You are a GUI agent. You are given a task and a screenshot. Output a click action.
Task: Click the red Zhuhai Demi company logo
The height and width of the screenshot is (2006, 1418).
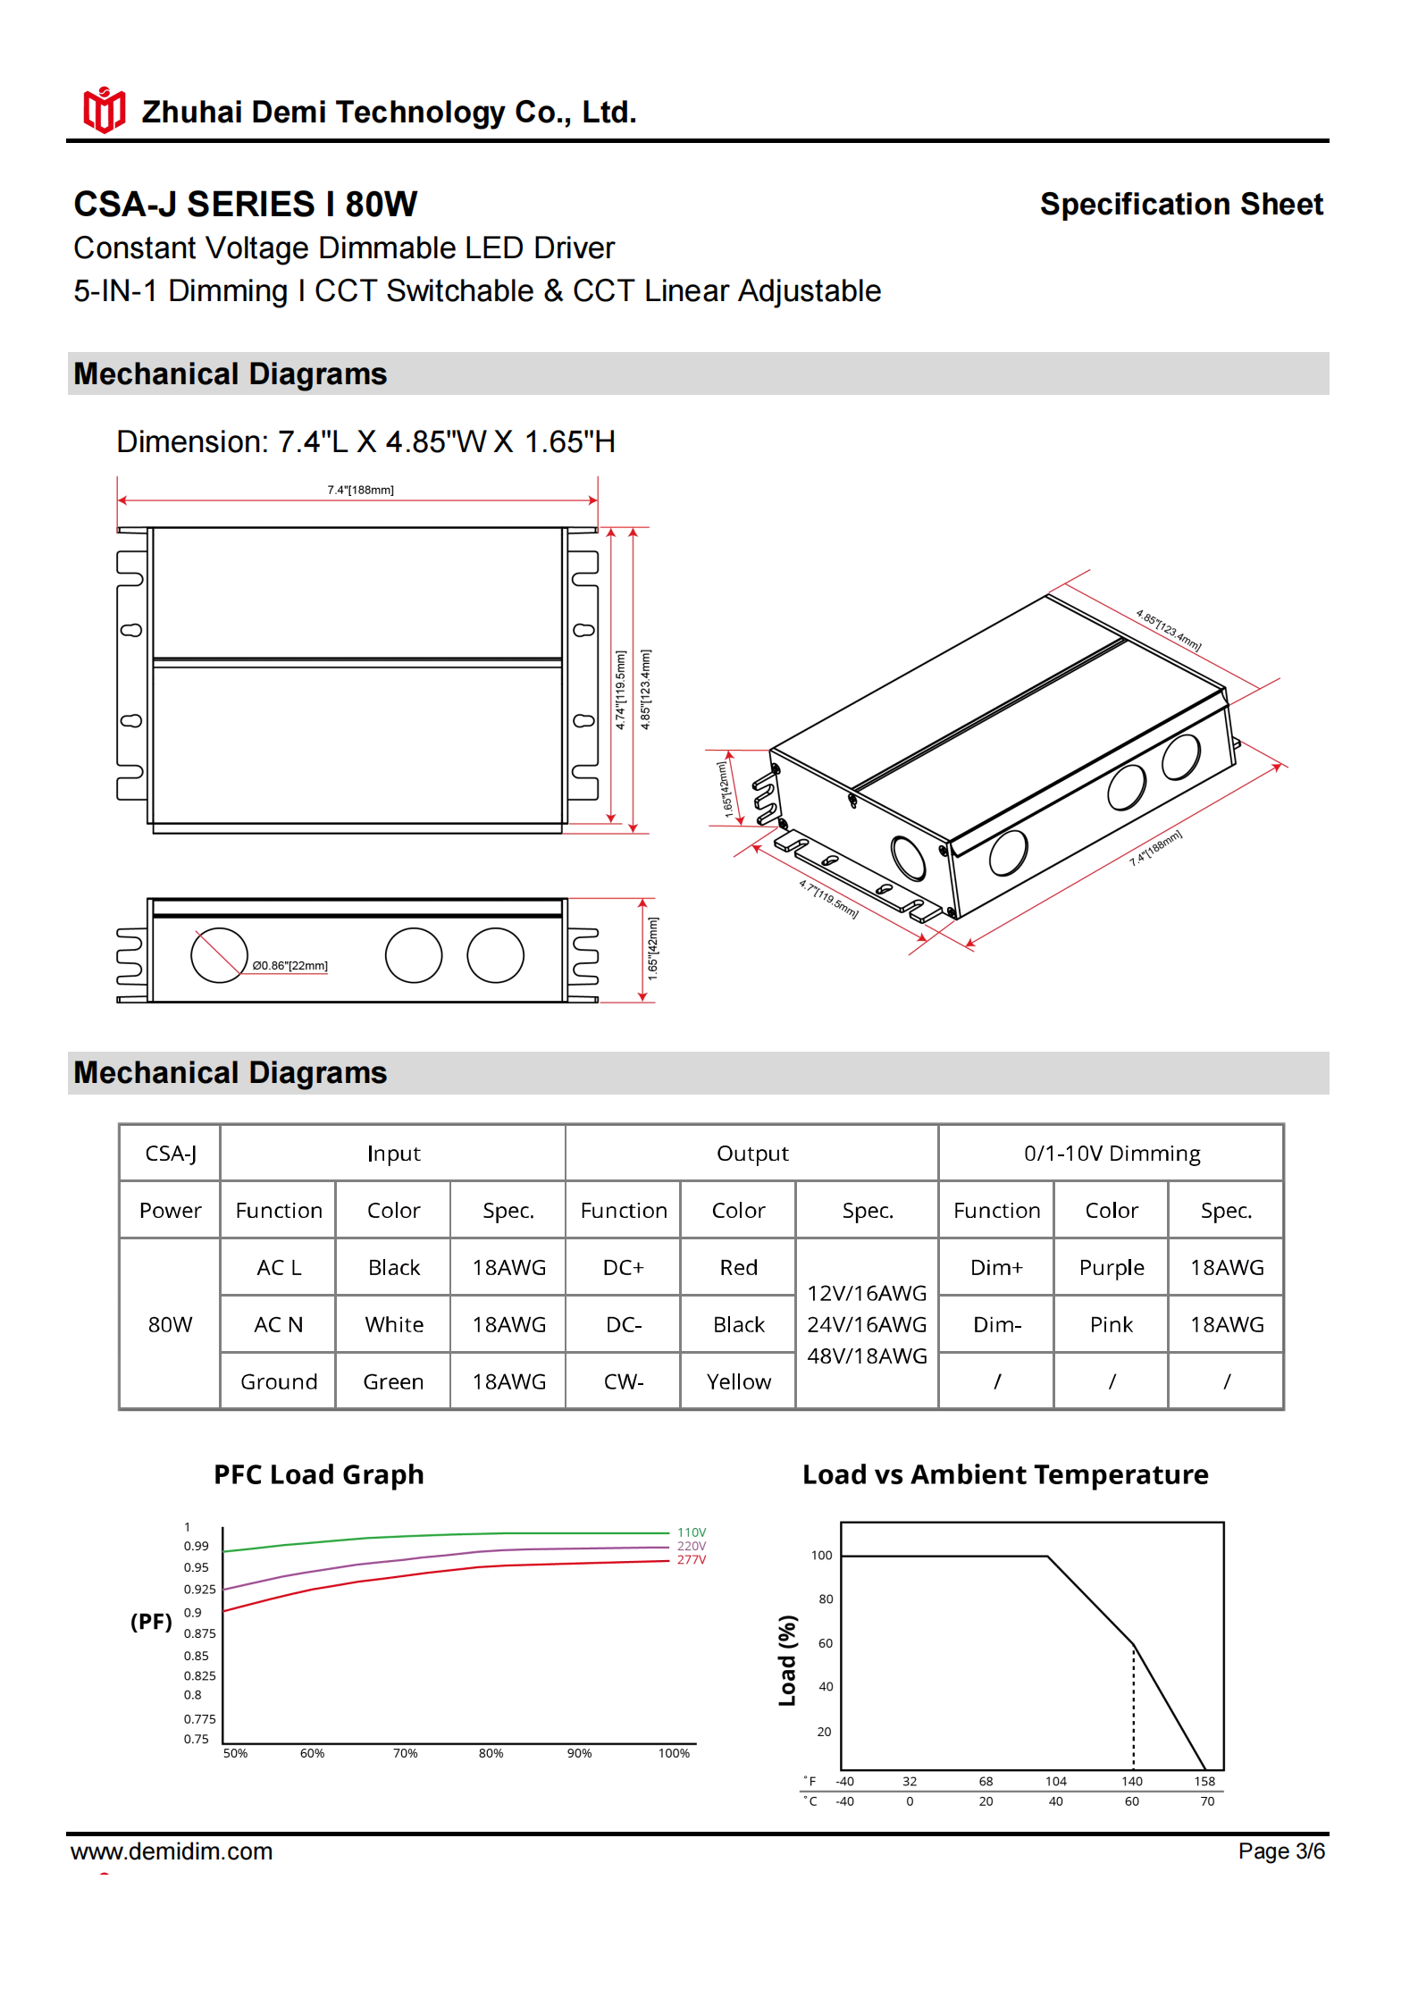point(104,111)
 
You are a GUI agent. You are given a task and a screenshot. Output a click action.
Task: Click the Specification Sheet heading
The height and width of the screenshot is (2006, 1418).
point(1180,205)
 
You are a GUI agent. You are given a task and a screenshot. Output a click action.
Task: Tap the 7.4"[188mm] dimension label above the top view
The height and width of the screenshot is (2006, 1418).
point(360,490)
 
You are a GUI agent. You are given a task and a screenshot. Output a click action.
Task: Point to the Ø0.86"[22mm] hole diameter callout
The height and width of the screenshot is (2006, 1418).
point(289,965)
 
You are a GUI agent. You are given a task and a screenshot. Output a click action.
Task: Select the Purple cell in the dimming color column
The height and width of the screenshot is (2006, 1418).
point(1111,1267)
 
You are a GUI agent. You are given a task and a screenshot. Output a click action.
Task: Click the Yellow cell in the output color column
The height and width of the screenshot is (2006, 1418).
point(738,1381)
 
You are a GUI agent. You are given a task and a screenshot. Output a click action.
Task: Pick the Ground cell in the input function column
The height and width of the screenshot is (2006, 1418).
point(278,1381)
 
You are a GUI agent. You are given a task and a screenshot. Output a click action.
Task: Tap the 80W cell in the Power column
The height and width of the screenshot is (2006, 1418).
point(170,1324)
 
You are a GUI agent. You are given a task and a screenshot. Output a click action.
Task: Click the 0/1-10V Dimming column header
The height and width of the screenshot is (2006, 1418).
point(1112,1154)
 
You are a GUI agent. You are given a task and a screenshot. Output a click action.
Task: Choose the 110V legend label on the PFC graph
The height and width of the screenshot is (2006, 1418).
point(691,1532)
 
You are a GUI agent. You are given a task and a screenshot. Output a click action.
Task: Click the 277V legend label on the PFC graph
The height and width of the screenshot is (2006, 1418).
point(691,1560)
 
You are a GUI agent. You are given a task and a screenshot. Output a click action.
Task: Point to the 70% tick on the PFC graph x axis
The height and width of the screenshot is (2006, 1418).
point(405,1753)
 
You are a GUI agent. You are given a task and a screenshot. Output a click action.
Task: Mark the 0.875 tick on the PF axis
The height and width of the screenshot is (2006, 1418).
point(199,1633)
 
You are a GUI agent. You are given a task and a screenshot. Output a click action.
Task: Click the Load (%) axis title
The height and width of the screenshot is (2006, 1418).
point(787,1660)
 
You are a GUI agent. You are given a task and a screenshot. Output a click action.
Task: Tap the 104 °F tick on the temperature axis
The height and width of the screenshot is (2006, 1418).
point(1055,1781)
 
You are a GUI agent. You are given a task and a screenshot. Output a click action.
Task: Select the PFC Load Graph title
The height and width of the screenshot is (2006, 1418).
point(318,1474)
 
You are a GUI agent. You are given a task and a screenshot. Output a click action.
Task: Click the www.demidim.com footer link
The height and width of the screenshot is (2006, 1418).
point(172,1851)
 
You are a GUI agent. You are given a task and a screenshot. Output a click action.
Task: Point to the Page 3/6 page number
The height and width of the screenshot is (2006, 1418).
point(1280,1851)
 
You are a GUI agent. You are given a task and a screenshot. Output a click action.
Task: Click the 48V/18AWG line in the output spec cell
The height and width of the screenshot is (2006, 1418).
point(866,1356)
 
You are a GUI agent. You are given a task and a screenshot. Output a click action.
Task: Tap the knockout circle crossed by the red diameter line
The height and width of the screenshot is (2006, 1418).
point(218,955)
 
